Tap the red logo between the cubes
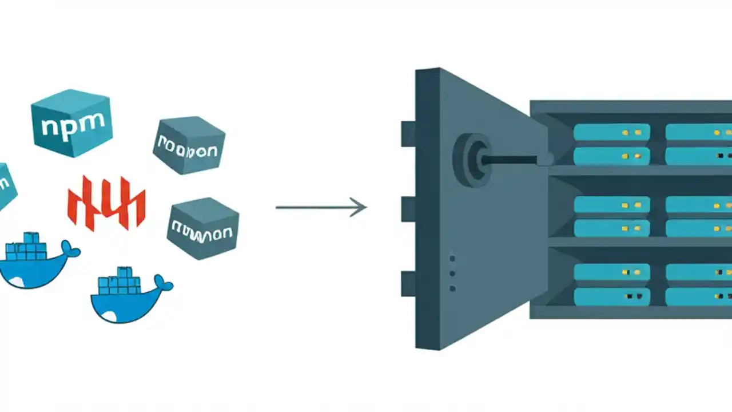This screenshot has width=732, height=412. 106,203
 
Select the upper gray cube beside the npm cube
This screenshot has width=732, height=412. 189,145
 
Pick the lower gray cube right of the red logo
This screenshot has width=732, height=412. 202,228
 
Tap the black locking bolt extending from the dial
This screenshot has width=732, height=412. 512,160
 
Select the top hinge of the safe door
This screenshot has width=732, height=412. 408,133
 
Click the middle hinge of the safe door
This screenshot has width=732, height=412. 408,209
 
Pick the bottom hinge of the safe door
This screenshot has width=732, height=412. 408,284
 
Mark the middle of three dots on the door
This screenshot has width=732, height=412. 452,274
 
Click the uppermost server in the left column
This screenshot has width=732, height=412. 611,132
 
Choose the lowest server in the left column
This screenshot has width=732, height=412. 611,296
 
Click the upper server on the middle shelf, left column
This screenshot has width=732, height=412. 611,205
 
